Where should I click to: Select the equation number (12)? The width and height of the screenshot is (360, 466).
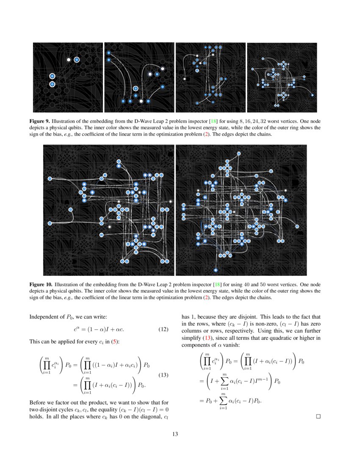coord(163,330)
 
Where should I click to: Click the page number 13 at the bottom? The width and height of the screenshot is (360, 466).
coord(175,434)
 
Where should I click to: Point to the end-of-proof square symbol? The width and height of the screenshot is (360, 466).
coord(318,416)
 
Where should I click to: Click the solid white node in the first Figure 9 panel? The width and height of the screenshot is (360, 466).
coord(69,60)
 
